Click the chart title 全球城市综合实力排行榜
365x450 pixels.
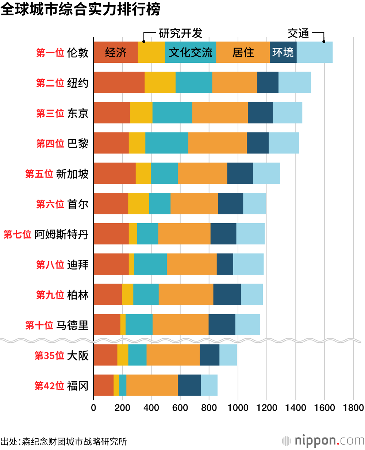point(80,10)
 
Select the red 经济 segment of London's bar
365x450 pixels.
point(116,52)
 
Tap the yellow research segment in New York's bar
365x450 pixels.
point(160,83)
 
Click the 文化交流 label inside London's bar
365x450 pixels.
point(190,52)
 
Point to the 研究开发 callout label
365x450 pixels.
point(180,33)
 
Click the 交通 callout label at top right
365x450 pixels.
point(298,33)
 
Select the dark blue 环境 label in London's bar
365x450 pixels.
point(283,52)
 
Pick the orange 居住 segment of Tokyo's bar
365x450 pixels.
point(220,113)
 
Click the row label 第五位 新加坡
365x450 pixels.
point(57,174)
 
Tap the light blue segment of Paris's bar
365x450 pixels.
point(284,143)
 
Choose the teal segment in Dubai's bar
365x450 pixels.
point(150,264)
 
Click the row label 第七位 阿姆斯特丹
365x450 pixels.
point(46,234)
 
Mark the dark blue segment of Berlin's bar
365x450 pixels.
point(227,294)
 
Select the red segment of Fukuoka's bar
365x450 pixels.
point(103,385)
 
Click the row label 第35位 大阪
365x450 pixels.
point(62,355)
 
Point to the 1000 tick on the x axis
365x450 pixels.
point(238,408)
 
